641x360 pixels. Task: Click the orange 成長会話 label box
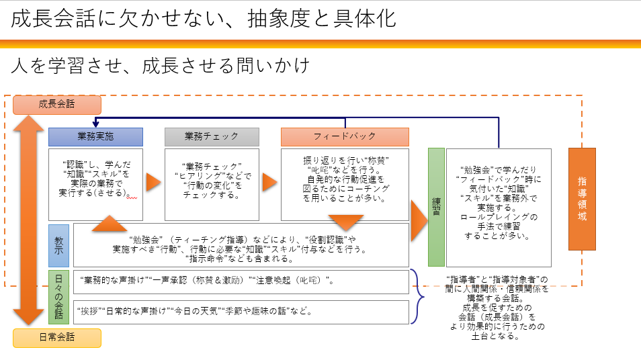pos(57,104)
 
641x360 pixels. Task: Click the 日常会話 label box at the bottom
pos(57,337)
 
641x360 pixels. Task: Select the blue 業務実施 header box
pos(95,136)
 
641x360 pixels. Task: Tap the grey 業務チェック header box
pos(212,136)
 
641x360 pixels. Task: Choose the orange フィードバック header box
pos(345,136)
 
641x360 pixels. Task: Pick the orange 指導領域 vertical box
pos(582,199)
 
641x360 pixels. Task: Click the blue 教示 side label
pos(58,245)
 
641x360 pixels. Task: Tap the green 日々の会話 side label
pos(58,296)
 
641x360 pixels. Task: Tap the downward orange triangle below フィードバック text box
pos(345,222)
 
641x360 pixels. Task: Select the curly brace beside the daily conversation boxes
pos(419,296)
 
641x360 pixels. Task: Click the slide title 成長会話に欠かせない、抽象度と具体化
pos(204,19)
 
